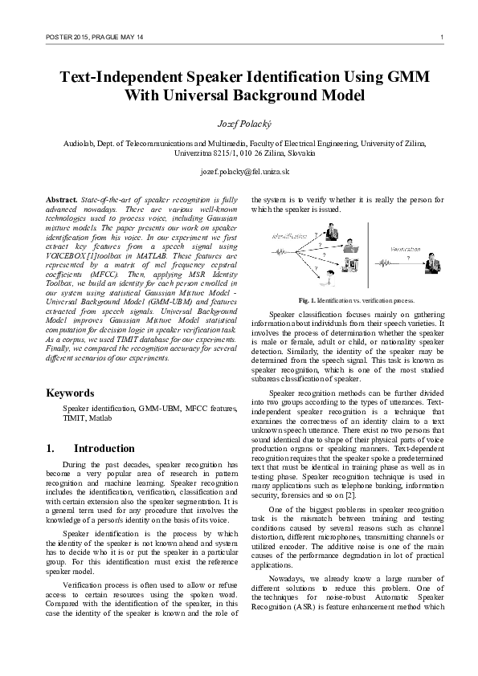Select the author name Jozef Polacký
tap(239, 125)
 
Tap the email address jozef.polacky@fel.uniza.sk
tap(239, 172)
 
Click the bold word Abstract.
tap(61, 198)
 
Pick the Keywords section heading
tap(71, 393)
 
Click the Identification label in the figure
tap(289, 235)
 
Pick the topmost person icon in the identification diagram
tap(330, 233)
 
